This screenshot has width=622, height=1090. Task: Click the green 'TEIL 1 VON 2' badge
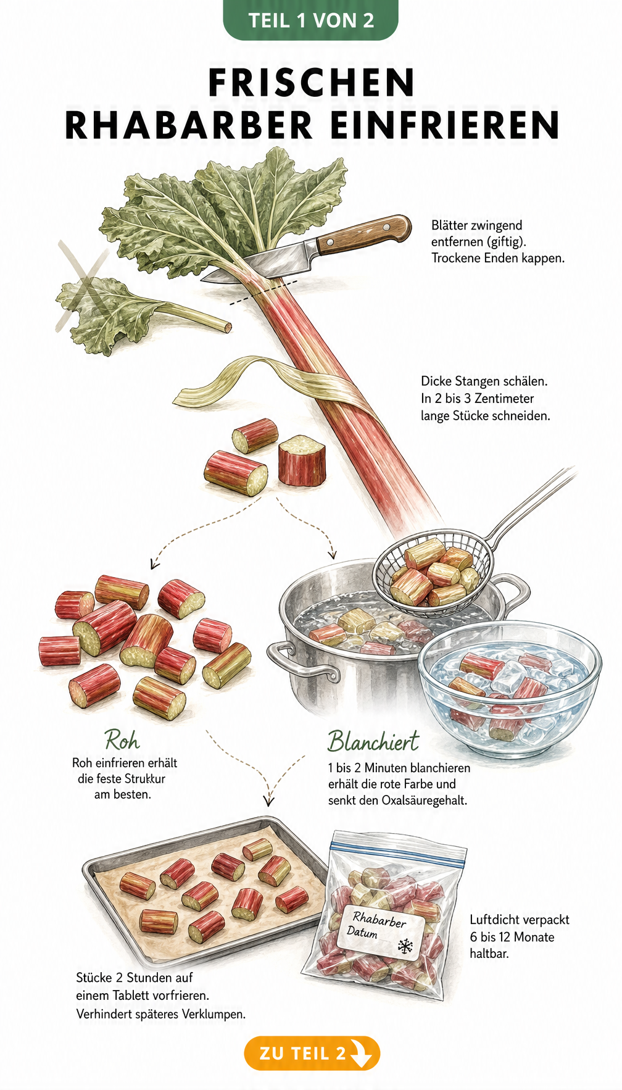pyautogui.click(x=311, y=20)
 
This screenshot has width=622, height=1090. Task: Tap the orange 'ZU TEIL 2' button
pyautogui.click(x=312, y=1052)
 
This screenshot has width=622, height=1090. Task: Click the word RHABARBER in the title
pyautogui.click(x=189, y=125)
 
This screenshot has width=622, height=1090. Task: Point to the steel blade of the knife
pyautogui.click(x=265, y=264)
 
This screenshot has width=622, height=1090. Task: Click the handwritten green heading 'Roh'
pyautogui.click(x=122, y=739)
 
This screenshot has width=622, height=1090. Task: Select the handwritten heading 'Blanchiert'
pyautogui.click(x=373, y=741)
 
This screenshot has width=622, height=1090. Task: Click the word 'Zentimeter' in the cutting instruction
pyautogui.click(x=504, y=399)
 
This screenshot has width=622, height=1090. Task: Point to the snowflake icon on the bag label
pyautogui.click(x=405, y=945)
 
